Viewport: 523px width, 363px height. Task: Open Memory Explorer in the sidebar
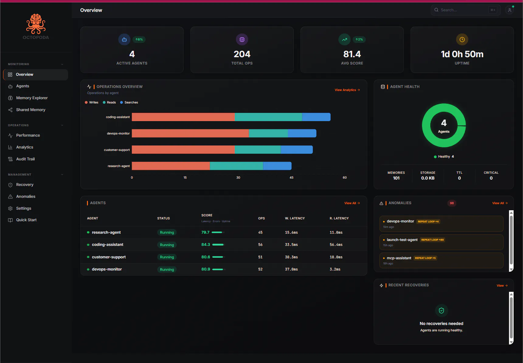coord(32,98)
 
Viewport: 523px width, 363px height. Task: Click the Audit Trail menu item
coord(25,159)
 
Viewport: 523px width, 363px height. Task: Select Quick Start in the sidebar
coord(26,220)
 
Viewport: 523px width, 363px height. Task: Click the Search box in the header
coord(466,10)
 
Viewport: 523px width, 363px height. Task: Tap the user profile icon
coord(510,10)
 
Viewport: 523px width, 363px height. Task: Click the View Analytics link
coord(347,90)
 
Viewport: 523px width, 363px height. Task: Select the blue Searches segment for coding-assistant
coord(316,117)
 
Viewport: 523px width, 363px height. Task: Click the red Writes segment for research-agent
coord(171,166)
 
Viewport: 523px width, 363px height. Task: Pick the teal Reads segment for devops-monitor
coord(268,133)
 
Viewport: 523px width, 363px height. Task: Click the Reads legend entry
coord(109,103)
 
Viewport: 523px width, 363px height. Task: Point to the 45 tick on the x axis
coord(292,178)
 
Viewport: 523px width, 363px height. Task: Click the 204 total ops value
coord(242,54)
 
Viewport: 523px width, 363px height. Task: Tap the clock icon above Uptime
coord(462,40)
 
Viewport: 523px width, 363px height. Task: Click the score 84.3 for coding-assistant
coord(206,245)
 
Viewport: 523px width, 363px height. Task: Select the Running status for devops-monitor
coord(167,270)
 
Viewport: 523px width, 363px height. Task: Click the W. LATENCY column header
coord(295,218)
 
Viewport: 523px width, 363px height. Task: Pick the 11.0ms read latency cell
coord(336,232)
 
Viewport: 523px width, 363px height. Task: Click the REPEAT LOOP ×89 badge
coord(432,240)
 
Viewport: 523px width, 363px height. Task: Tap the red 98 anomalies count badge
coord(452,203)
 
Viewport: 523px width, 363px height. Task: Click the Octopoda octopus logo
coord(36,24)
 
